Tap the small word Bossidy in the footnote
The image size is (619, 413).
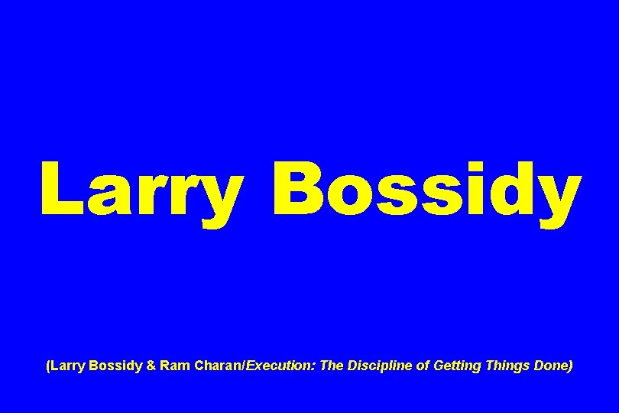pyautogui.click(x=115, y=366)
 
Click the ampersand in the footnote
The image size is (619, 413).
pyautogui.click(x=151, y=366)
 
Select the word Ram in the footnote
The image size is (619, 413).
pyautogui.click(x=173, y=366)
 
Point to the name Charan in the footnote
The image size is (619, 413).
pyautogui.click(x=216, y=366)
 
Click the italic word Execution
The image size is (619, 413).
pyautogui.click(x=278, y=366)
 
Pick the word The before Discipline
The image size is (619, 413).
pyautogui.click(x=332, y=366)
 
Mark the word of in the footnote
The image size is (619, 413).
pyautogui.click(x=423, y=366)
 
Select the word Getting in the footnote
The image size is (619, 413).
pyautogui.click(x=456, y=366)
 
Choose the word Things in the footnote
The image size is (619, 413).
pyautogui.click(x=506, y=366)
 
